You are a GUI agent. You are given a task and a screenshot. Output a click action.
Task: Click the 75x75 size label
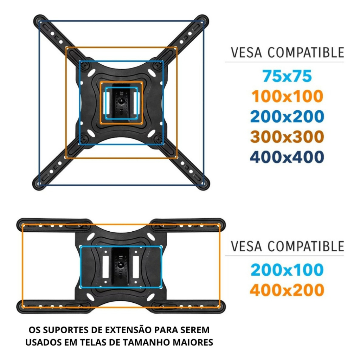[x=287, y=76]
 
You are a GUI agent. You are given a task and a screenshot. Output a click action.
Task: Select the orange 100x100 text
[x=287, y=96]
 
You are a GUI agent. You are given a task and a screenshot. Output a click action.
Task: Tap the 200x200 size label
[x=287, y=116]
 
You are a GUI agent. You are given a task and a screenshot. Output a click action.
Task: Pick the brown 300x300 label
[x=287, y=137]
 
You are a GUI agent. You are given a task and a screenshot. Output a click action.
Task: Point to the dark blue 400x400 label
[x=287, y=157]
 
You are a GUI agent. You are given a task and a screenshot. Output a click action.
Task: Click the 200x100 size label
[x=287, y=270]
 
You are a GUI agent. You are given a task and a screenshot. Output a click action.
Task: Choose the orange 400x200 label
[x=287, y=290]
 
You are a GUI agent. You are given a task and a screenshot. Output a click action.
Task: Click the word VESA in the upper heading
[x=246, y=53]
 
